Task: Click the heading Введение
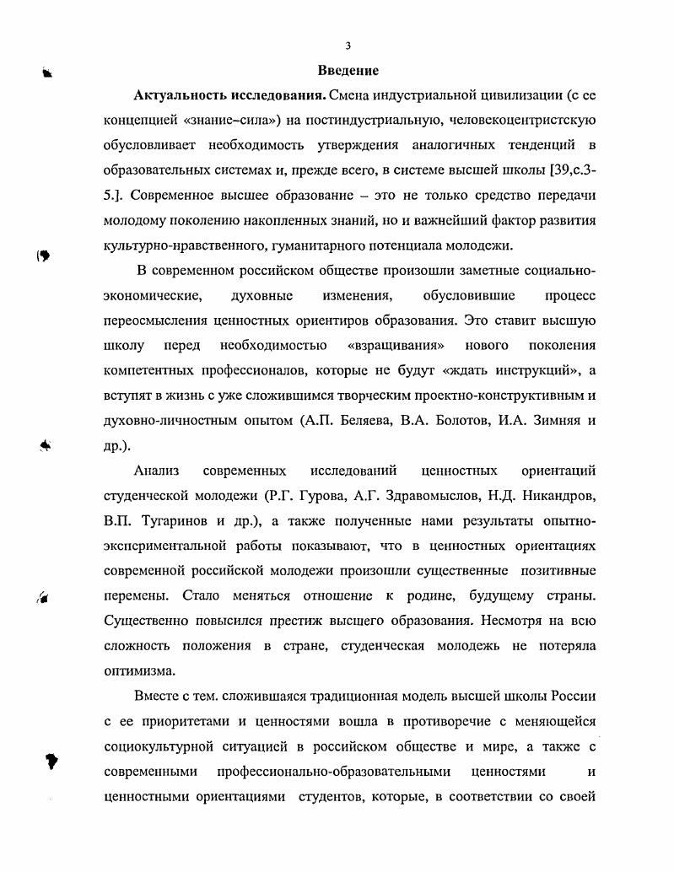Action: click(348, 70)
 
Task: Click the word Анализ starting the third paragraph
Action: click(156, 470)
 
